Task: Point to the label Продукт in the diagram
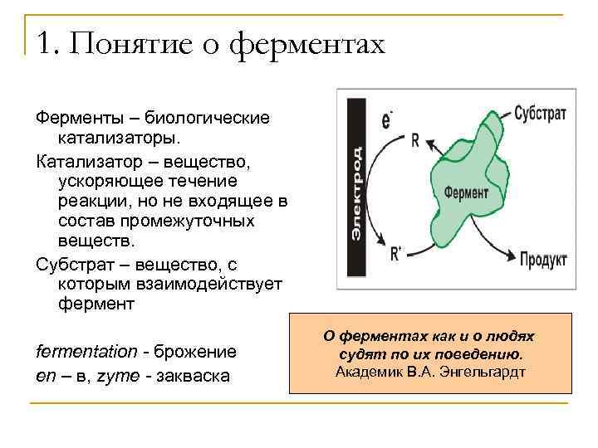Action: point(543,260)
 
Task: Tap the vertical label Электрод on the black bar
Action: point(356,193)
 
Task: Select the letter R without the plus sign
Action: point(414,141)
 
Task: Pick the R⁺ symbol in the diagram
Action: point(395,254)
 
